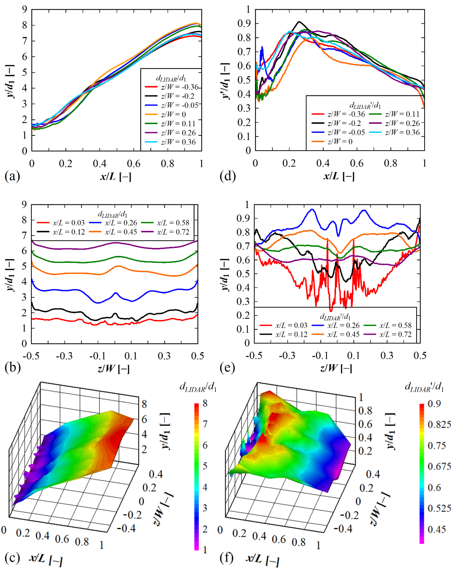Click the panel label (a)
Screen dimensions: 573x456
point(12,176)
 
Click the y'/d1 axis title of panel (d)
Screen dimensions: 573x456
point(226,81)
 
